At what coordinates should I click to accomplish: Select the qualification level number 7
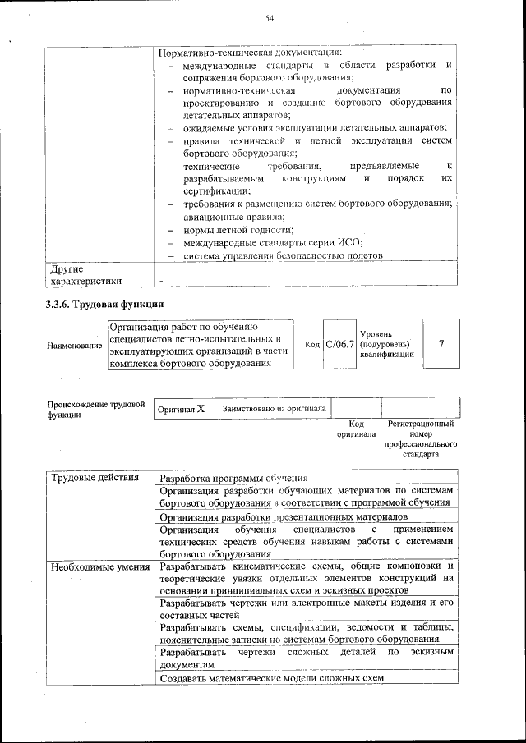click(441, 343)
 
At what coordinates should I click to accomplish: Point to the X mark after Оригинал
click(201, 408)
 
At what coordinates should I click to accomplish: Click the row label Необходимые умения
click(99, 566)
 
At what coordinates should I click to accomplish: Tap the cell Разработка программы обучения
click(233, 478)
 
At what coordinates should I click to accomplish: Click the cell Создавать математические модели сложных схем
click(271, 678)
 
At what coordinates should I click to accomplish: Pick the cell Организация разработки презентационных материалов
click(283, 517)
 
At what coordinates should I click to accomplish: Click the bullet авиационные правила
click(233, 217)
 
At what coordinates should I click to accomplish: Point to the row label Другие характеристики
click(85, 275)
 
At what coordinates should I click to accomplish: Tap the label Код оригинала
click(356, 429)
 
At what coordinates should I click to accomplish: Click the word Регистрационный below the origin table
click(420, 424)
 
